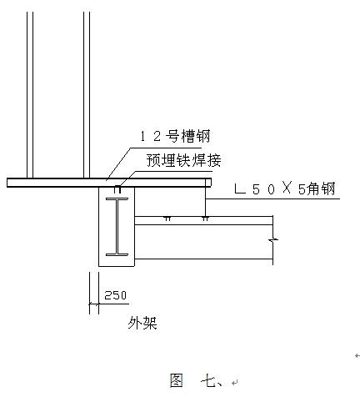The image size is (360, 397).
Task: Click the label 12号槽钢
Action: click(x=175, y=136)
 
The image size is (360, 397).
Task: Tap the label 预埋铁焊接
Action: click(x=184, y=160)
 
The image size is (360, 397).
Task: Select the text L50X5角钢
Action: click(x=285, y=188)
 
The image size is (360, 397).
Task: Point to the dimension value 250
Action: click(x=115, y=295)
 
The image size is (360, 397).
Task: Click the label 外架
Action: click(x=142, y=323)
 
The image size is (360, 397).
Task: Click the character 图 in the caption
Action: click(x=177, y=380)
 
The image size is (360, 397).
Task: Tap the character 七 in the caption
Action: click(x=207, y=380)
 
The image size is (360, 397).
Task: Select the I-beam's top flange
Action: click(x=117, y=199)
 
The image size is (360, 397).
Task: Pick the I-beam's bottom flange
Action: click(x=117, y=254)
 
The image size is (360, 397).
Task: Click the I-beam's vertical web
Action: click(x=117, y=227)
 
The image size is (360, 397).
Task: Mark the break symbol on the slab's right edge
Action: click(x=273, y=239)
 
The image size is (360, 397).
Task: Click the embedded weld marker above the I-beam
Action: click(x=117, y=189)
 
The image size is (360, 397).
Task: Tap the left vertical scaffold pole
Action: click(x=30, y=95)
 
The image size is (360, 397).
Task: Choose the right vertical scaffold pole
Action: click(x=87, y=95)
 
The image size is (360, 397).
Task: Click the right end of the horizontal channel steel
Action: click(x=211, y=183)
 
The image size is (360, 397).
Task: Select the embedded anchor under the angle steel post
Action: click(x=205, y=219)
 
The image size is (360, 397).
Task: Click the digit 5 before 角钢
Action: click(x=302, y=189)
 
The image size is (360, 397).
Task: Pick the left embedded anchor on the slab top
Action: click(x=167, y=219)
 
